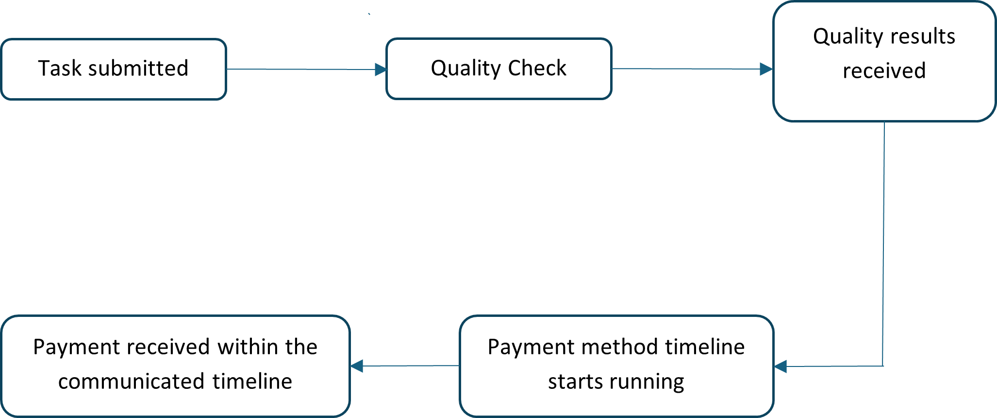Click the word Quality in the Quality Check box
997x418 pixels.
[465, 69]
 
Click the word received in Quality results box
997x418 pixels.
[884, 71]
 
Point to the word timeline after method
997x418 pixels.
[705, 347]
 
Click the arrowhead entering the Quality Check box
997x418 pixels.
[381, 70]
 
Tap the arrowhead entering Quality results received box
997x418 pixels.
[766, 69]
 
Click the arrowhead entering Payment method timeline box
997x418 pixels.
[781, 366]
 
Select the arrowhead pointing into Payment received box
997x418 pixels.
[357, 366]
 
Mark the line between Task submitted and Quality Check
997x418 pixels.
[301, 69]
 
